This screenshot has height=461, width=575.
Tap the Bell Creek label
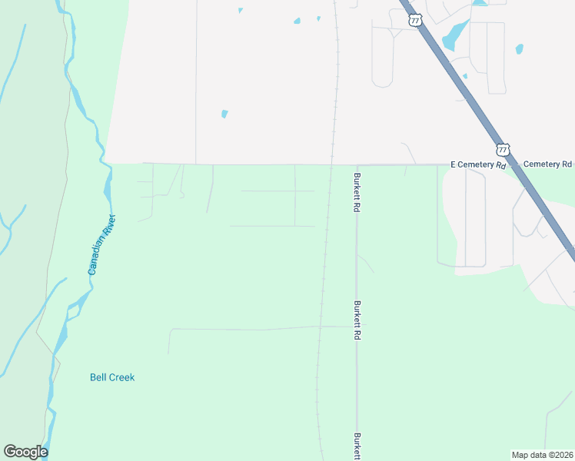112,377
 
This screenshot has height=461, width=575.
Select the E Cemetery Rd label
478,164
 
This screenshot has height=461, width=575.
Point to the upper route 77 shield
416,21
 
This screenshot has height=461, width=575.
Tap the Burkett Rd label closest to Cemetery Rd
357,193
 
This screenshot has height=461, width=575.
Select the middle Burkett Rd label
357,320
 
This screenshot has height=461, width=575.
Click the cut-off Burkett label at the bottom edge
357,446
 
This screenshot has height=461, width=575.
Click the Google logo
25,452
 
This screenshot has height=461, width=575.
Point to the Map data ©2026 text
542,455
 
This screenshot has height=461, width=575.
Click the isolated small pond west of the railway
224,114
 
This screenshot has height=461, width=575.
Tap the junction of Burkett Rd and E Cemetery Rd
357,164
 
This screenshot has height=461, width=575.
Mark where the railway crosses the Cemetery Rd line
331,164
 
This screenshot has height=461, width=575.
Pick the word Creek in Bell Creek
121,377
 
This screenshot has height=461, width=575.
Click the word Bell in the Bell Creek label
98,377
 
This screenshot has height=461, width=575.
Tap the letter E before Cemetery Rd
454,164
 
